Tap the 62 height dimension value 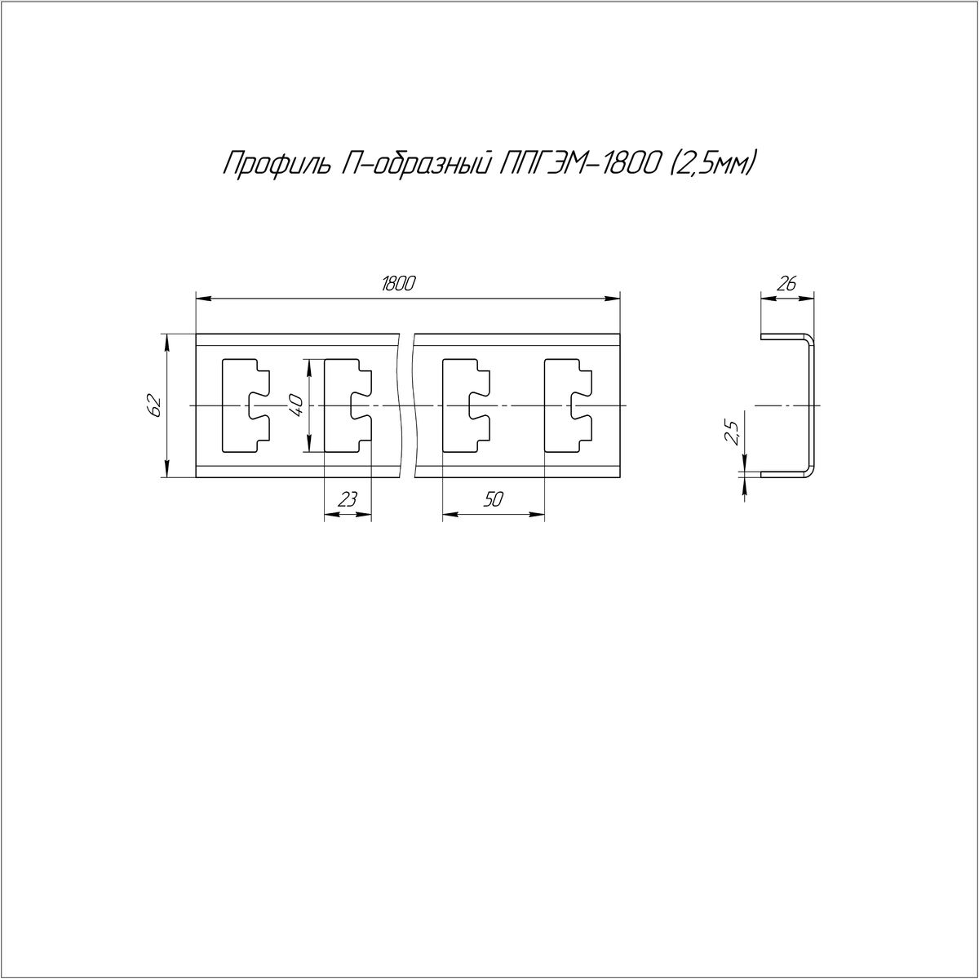pyautogui.click(x=156, y=405)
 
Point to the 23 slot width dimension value pyautogui.click(x=348, y=500)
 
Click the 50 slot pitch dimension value pyautogui.click(x=493, y=500)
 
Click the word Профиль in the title pyautogui.click(x=275, y=164)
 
